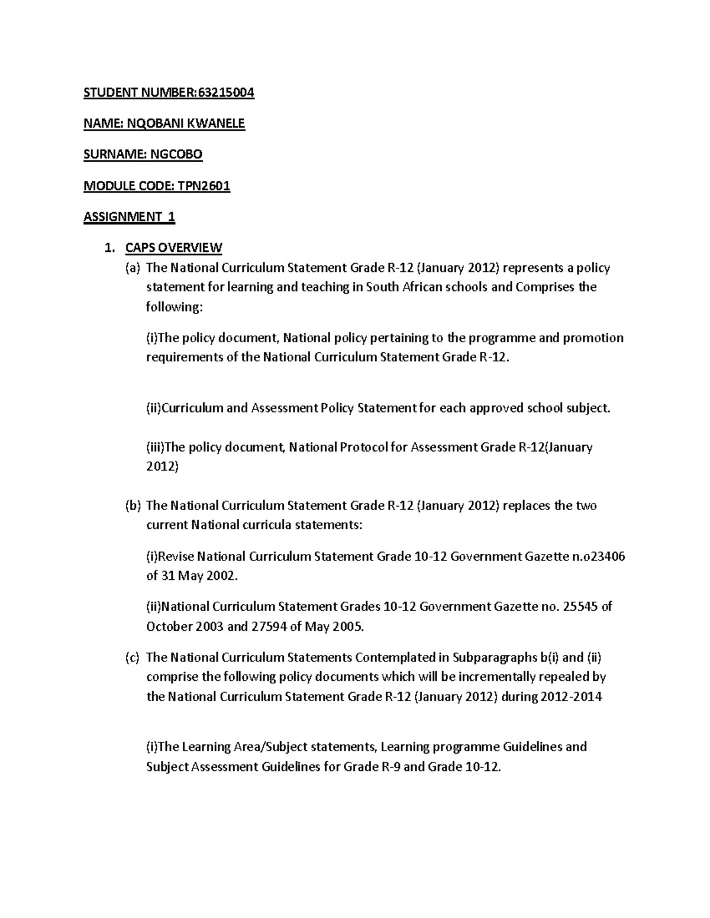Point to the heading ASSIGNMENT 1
129,217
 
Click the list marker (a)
133,268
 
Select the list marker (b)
133,505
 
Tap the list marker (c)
133,657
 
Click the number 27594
269,627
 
